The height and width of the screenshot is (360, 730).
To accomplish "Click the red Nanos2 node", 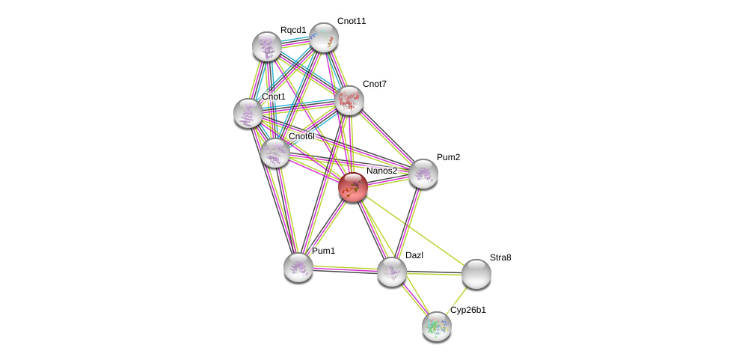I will tap(352, 187).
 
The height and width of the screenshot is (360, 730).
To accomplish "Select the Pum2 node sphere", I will tap(423, 174).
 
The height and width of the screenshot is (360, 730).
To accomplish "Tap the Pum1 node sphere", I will tap(298, 266).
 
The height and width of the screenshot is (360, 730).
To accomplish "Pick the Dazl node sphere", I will tap(391, 271).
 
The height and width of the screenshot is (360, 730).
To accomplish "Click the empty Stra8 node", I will tap(476, 274).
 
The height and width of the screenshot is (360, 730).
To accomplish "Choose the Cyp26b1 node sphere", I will tap(436, 326).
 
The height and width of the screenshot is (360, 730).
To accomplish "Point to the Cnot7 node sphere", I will tap(349, 100).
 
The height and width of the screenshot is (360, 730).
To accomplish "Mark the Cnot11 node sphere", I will tap(324, 37).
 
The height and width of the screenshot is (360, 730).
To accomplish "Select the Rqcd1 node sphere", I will tap(266, 46).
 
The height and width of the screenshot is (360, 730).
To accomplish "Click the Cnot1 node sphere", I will tap(248, 113).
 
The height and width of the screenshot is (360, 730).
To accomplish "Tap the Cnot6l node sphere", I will tap(275, 153).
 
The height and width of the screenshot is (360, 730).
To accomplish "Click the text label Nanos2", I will tap(381, 171).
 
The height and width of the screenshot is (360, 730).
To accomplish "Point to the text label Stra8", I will tap(500, 257).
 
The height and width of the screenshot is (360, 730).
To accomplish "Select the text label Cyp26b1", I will tap(467, 310).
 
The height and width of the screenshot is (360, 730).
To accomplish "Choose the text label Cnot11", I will tap(352, 21).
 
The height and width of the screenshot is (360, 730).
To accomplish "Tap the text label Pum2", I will tap(449, 157).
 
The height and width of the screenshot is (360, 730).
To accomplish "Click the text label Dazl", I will tap(414, 255).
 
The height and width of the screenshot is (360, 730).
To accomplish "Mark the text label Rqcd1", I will tap(293, 30).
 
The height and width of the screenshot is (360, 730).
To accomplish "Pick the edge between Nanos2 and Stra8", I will tap(415, 231).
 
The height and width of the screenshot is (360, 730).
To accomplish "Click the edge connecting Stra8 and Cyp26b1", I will tap(457, 299).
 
